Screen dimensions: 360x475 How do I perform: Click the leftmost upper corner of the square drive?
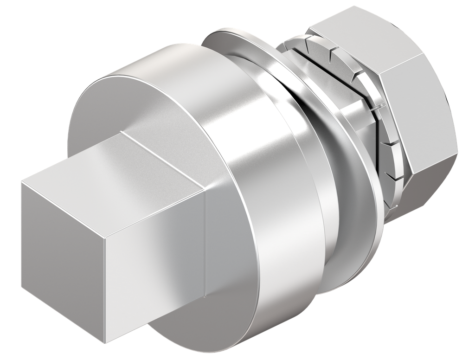coord(21,182)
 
